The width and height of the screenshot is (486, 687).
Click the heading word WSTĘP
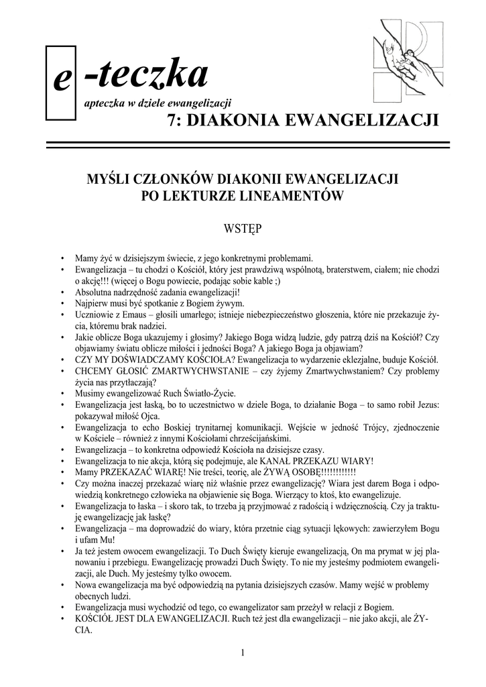pos(242,229)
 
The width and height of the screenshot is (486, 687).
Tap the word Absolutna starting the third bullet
pos(96,292)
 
